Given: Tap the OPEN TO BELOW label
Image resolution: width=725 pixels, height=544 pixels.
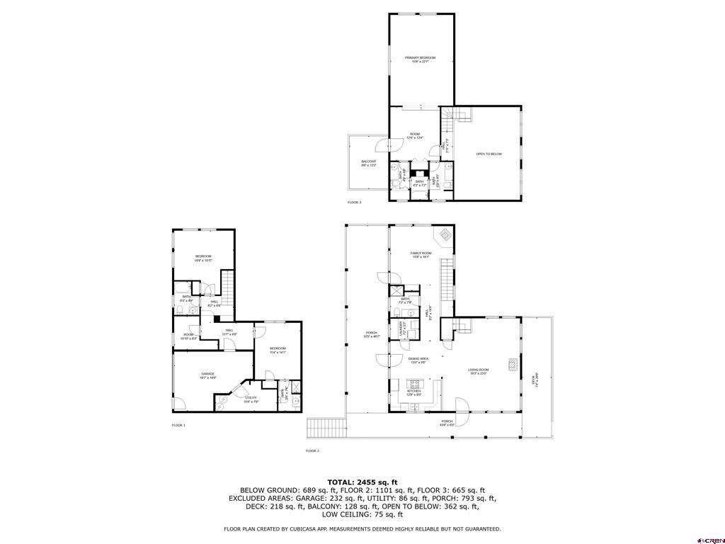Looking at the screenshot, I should click(489, 154).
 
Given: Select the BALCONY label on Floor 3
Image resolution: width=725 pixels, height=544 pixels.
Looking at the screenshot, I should click(369, 164).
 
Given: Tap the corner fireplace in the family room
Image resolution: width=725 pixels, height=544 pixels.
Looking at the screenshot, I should click(444, 235).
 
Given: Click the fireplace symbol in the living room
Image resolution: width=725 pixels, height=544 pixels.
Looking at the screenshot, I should click(511, 365).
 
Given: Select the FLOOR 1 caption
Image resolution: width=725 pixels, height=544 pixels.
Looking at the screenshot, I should click(178, 425).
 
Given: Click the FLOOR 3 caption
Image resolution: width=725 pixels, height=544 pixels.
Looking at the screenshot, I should click(354, 203).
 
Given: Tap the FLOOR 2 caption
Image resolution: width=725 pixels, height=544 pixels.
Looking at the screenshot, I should click(312, 450).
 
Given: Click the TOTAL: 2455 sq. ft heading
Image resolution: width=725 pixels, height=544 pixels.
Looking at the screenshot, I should click(362, 482).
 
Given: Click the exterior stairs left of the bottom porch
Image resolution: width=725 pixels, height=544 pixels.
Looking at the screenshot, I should click(326, 428).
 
